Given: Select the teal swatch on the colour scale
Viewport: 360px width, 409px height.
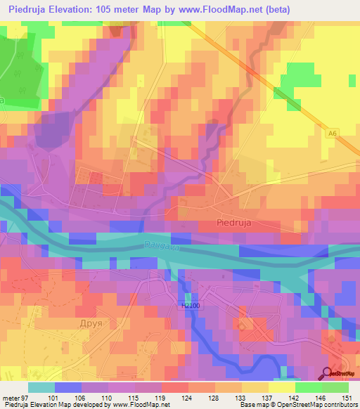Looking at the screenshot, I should click(41, 387).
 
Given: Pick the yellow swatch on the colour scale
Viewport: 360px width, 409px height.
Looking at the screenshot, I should click(282, 387).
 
